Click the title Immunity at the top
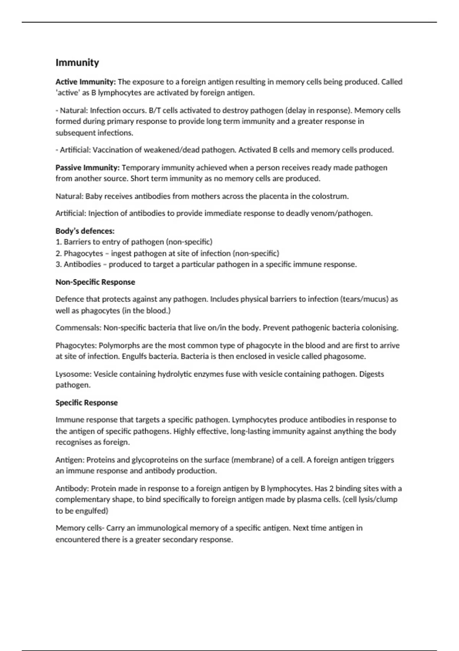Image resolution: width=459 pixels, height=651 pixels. pyautogui.click(x=77, y=63)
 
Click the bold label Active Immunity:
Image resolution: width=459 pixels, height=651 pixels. pyautogui.click(x=85, y=82)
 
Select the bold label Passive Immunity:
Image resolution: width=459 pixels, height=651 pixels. pyautogui.click(x=88, y=167)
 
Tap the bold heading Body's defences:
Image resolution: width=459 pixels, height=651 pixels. pyautogui.click(x=85, y=231)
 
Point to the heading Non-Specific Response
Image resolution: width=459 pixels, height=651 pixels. pyautogui.click(x=95, y=282)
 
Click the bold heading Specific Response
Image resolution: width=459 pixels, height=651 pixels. pyautogui.click(x=86, y=402)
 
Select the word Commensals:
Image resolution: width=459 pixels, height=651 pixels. pyautogui.click(x=78, y=328)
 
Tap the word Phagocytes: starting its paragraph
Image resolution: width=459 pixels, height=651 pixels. pyautogui.click(x=76, y=345)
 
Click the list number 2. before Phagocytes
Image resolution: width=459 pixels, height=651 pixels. pyautogui.click(x=59, y=253)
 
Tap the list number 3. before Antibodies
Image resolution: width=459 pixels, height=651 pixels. pyautogui.click(x=59, y=264)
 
